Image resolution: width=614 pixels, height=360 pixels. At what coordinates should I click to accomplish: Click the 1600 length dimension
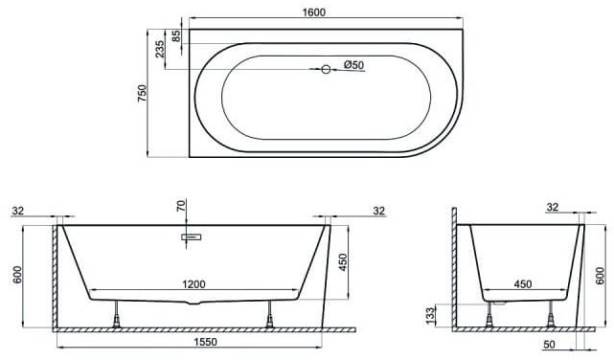pyautogui.click(x=314, y=12)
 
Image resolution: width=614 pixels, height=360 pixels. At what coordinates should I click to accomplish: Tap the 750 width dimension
pyautogui.click(x=142, y=93)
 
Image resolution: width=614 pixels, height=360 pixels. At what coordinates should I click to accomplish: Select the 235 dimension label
pyautogui.click(x=160, y=49)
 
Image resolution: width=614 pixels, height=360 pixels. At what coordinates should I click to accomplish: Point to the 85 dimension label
pyautogui.click(x=176, y=36)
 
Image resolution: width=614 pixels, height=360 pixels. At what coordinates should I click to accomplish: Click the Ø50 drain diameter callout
pyautogui.click(x=354, y=64)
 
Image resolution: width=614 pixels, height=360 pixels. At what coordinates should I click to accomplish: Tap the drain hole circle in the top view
pyautogui.click(x=326, y=69)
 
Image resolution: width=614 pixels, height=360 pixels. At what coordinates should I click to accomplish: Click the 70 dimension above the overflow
pyautogui.click(x=180, y=206)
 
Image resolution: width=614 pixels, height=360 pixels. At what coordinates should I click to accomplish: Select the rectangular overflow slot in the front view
pyautogui.click(x=191, y=236)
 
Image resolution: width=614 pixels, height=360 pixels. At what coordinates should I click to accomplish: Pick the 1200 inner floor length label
pyautogui.click(x=193, y=284)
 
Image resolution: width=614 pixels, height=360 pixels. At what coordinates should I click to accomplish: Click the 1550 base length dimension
pyautogui.click(x=206, y=342)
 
